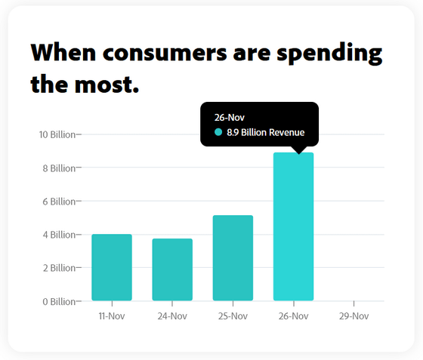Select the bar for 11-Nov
click(x=112, y=267)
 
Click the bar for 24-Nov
click(x=172, y=269)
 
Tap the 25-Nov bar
click(x=233, y=258)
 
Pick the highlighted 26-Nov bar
click(x=294, y=226)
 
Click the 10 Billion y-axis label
click(x=57, y=134)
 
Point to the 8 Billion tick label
click(x=59, y=168)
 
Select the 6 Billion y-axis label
click(x=59, y=202)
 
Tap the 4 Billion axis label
click(x=59, y=235)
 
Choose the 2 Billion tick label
click(x=59, y=268)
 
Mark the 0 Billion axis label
click(x=59, y=302)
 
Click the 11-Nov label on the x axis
click(x=112, y=315)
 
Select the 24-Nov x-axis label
click(x=172, y=315)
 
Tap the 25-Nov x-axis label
click(x=233, y=315)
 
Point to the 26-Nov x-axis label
click(x=294, y=315)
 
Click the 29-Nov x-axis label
click(x=354, y=315)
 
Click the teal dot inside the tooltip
click(x=218, y=132)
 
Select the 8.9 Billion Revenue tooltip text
click(x=265, y=132)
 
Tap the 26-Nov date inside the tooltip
click(x=230, y=118)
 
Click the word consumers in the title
click(x=165, y=53)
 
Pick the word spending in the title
click(x=329, y=54)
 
